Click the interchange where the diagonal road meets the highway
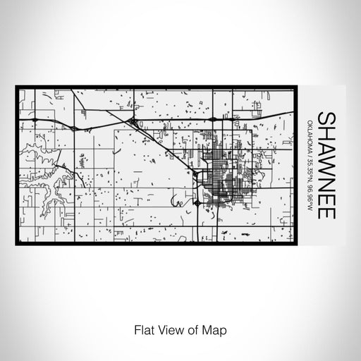coord(134,123)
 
